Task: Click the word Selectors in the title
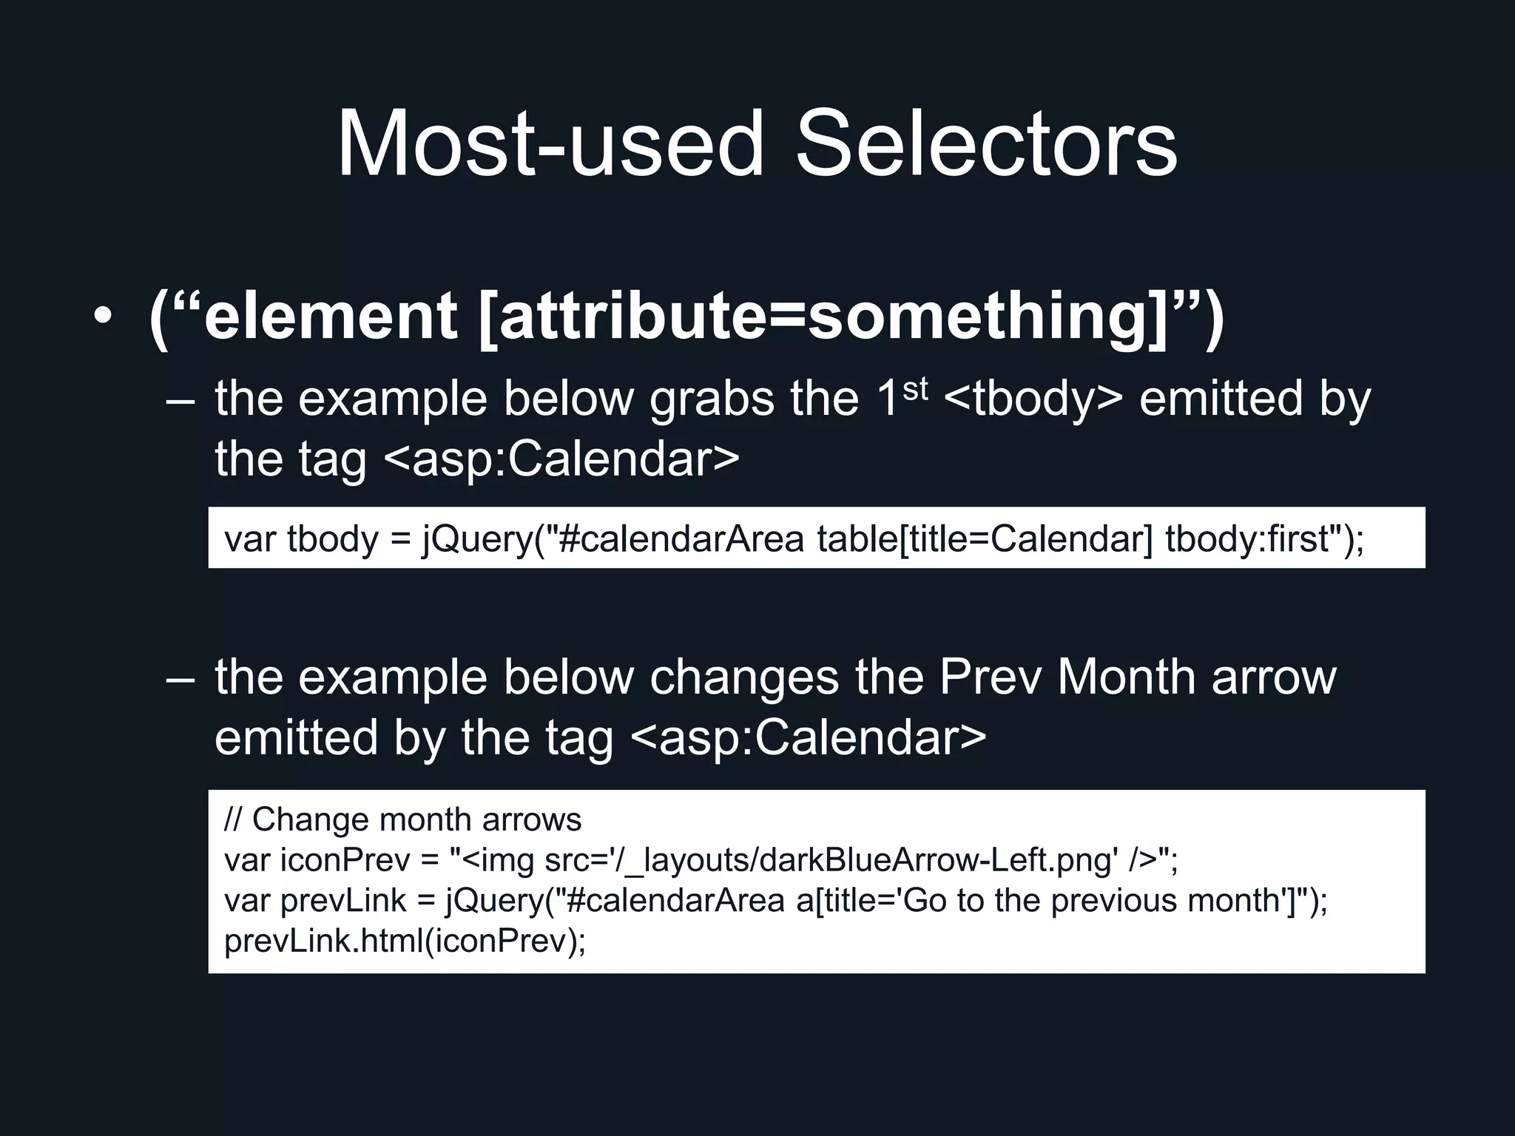pyautogui.click(x=985, y=144)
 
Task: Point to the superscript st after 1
pyautogui.click(x=915, y=389)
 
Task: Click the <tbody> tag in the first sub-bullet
pyautogui.click(x=1033, y=399)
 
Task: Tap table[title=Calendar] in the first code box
pyautogui.click(x=985, y=538)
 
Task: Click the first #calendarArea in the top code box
pyautogui.click(x=681, y=538)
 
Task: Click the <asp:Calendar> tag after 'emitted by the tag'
pyautogui.click(x=809, y=738)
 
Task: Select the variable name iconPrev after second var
pyautogui.click(x=345, y=860)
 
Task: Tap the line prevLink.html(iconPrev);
pyautogui.click(x=405, y=941)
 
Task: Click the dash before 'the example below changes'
pyautogui.click(x=180, y=679)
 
